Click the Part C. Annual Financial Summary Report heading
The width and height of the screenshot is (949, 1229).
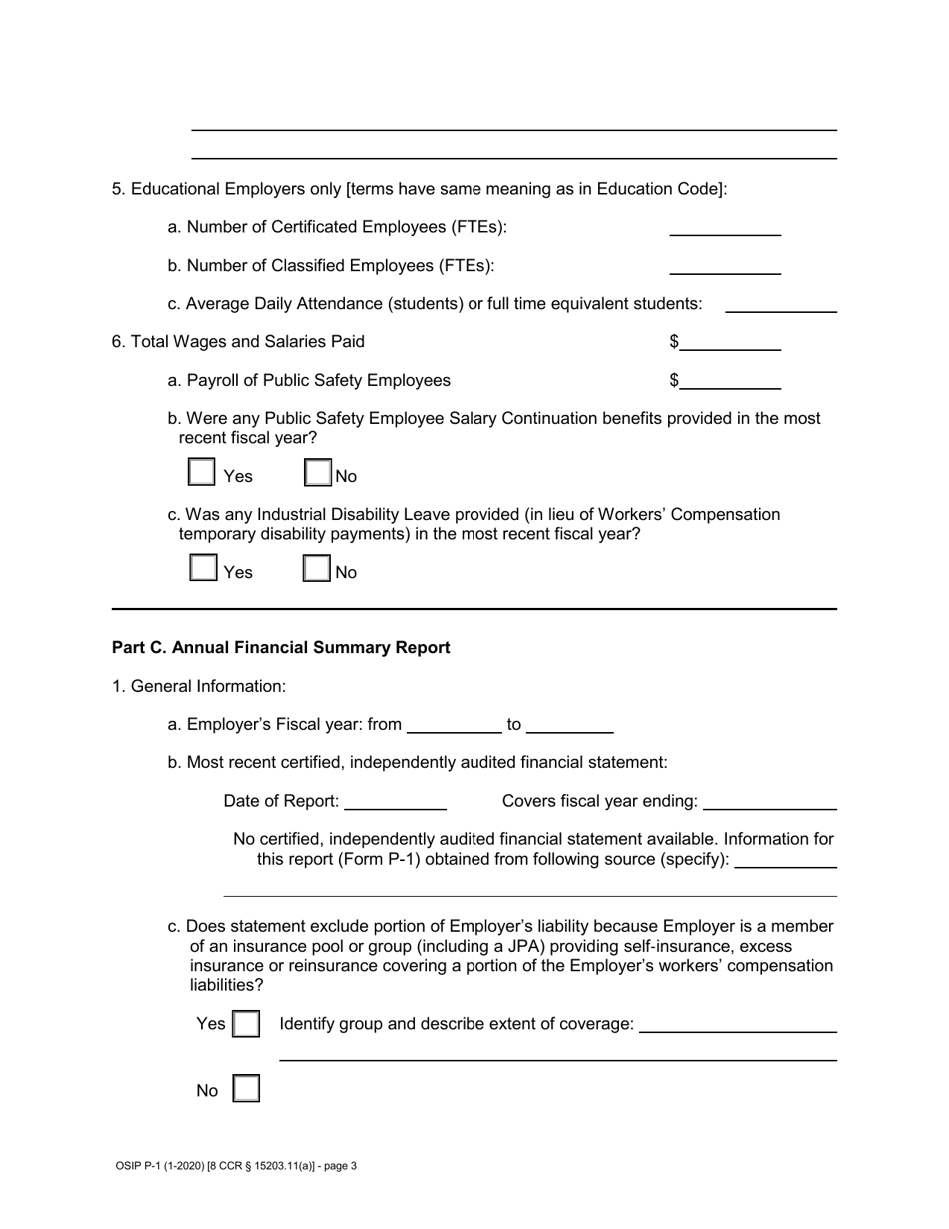tap(281, 648)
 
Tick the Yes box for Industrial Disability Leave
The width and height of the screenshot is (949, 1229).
tap(203, 569)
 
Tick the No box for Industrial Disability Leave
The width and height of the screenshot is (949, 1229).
tap(317, 569)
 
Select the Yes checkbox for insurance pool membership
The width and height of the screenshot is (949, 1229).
tap(246, 1024)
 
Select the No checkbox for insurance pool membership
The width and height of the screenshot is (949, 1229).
tap(246, 1089)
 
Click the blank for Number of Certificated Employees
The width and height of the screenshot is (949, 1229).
tap(724, 227)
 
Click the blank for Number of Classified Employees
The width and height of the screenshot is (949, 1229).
tap(724, 265)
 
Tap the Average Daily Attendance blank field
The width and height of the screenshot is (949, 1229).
tap(780, 304)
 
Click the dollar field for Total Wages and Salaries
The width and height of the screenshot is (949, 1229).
tap(730, 342)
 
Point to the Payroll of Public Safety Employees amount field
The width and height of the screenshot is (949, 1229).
tap(730, 380)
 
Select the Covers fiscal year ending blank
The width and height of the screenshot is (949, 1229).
tap(769, 801)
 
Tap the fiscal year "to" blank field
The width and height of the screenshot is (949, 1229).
tap(569, 725)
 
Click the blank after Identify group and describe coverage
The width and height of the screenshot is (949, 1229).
tap(737, 1024)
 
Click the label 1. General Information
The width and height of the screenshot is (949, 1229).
tap(199, 686)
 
